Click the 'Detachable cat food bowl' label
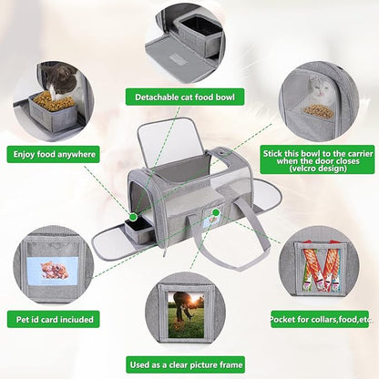(185, 97)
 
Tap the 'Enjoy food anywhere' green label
(54, 154)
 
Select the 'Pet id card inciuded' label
(54, 319)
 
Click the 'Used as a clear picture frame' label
(186, 364)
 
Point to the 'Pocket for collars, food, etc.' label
(320, 319)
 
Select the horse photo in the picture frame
(186, 315)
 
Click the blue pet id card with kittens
(53, 271)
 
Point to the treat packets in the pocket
(322, 267)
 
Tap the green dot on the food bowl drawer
(133, 217)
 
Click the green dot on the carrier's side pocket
(216, 211)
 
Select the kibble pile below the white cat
(319, 110)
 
